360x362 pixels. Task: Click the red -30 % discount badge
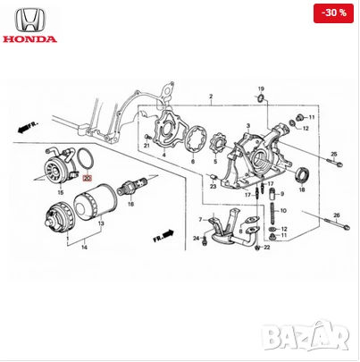point(335,13)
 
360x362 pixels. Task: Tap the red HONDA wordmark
point(29,39)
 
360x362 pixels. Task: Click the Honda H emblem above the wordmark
point(29,18)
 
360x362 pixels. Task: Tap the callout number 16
point(130,204)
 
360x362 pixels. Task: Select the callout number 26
point(337,215)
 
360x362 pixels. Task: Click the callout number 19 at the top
point(262,89)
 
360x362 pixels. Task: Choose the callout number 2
point(211,96)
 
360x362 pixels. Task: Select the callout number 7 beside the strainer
point(200,219)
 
